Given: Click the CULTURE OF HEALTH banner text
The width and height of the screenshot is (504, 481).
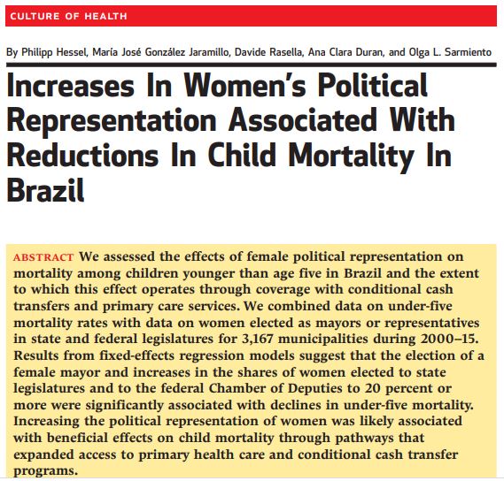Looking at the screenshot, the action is click(68, 16).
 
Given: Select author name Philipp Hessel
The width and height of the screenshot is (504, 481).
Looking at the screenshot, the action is click(55, 52).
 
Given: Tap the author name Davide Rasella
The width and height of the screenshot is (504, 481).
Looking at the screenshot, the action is click(269, 52).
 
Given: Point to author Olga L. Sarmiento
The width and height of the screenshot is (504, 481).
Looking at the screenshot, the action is click(450, 52).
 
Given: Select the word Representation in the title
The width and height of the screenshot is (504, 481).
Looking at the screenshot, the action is click(112, 120).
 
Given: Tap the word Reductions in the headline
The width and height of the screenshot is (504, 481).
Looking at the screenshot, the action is click(82, 156).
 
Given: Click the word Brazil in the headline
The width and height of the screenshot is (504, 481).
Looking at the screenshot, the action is click(45, 190).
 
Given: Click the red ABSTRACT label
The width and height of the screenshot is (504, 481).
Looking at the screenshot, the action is click(43, 257).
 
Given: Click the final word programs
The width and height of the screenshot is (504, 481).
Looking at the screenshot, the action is click(46, 471).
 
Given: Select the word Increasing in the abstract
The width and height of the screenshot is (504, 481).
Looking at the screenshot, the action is click(46, 422).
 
